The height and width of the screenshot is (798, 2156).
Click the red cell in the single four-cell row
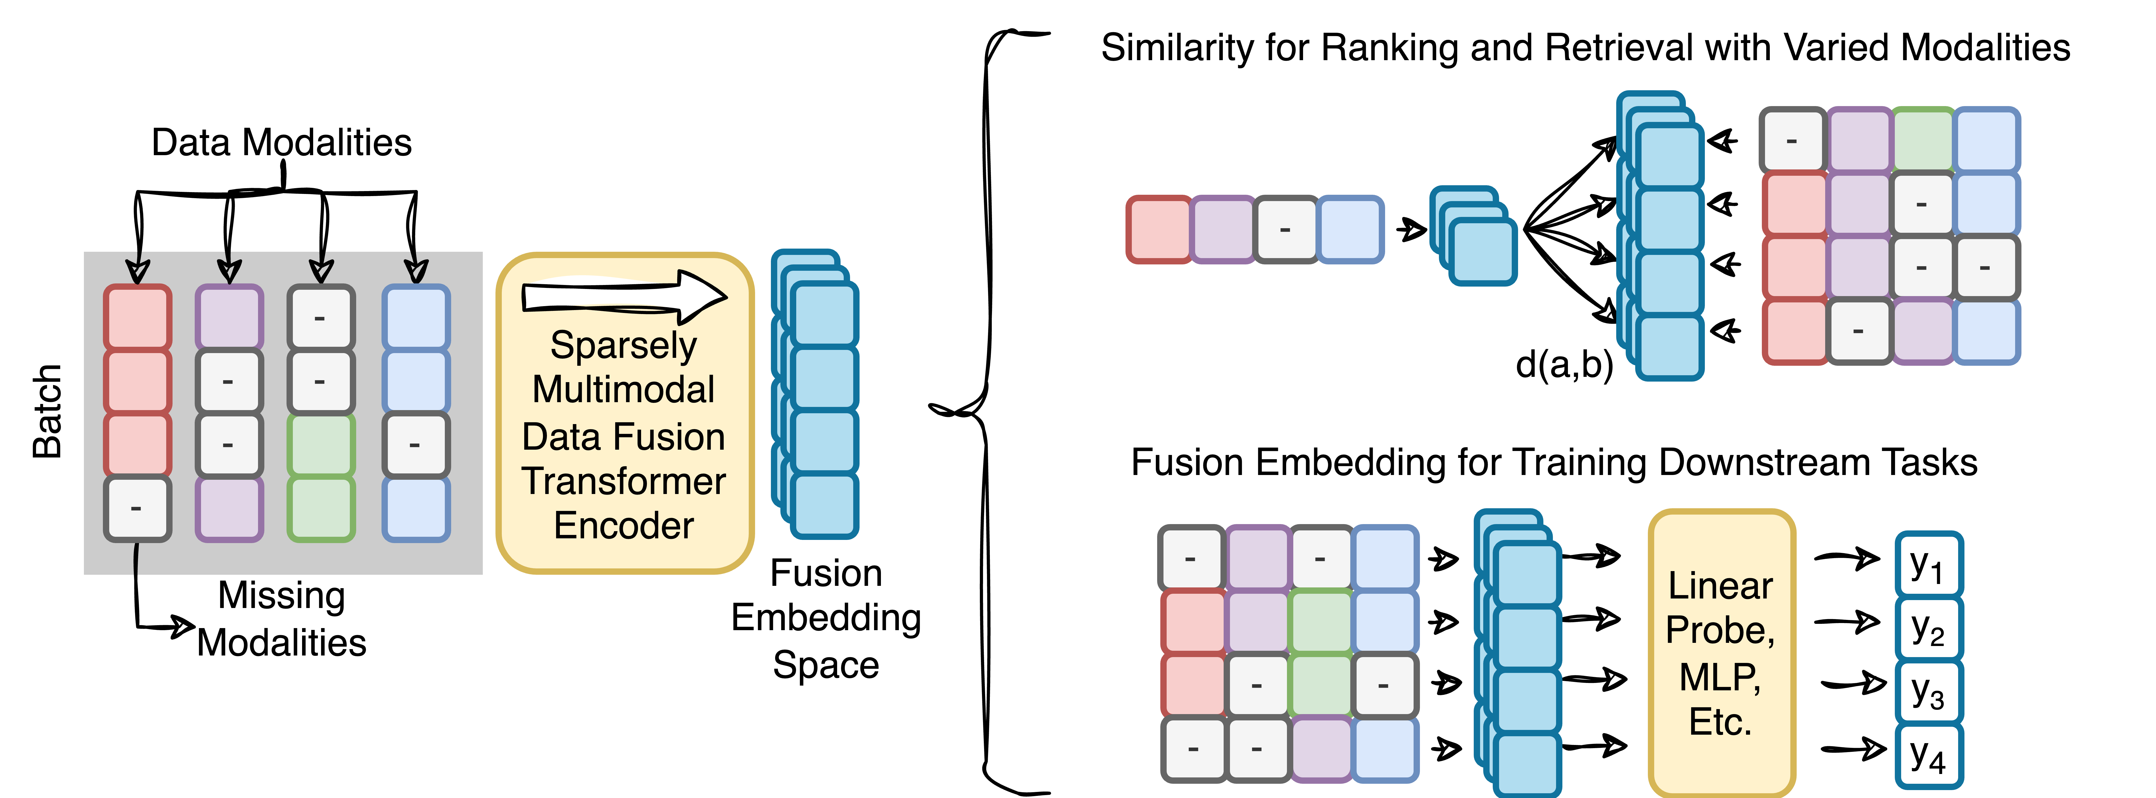pos(1159,229)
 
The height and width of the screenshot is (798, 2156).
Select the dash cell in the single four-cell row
pos(1286,229)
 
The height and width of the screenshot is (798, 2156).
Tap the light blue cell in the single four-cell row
pos(1350,229)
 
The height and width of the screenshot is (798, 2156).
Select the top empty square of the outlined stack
pos(1929,565)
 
